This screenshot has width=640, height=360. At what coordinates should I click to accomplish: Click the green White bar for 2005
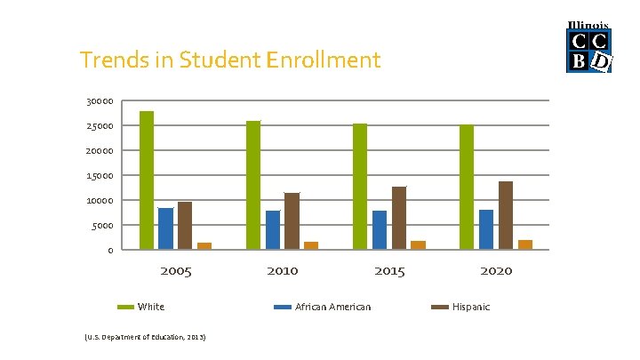pyautogui.click(x=147, y=180)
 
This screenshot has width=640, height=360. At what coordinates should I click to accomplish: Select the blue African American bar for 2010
pyautogui.click(x=273, y=230)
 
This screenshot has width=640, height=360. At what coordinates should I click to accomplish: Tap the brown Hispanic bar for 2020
pyautogui.click(x=506, y=215)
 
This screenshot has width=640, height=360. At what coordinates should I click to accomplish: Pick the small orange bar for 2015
pyautogui.click(x=418, y=244)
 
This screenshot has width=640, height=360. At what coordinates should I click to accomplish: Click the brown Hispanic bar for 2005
pyautogui.click(x=185, y=226)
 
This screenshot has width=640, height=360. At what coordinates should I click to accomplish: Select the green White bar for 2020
pyautogui.click(x=467, y=188)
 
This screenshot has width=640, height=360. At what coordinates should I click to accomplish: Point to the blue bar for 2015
pyautogui.click(x=380, y=230)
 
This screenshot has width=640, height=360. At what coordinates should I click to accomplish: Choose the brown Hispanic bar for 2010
pyautogui.click(x=292, y=221)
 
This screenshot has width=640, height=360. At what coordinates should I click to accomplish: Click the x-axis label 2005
pyautogui.click(x=176, y=271)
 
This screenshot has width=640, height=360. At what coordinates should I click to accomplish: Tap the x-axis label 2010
pyautogui.click(x=283, y=271)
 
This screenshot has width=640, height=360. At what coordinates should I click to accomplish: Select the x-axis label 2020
pyautogui.click(x=496, y=271)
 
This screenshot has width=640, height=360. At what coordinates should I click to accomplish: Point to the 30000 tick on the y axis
pyautogui.click(x=100, y=101)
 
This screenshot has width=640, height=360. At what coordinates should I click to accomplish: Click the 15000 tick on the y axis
pyautogui.click(x=100, y=176)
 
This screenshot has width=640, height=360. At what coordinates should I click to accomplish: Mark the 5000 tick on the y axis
pyautogui.click(x=102, y=226)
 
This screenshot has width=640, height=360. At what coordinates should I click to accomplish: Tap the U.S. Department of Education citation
pyautogui.click(x=145, y=338)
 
